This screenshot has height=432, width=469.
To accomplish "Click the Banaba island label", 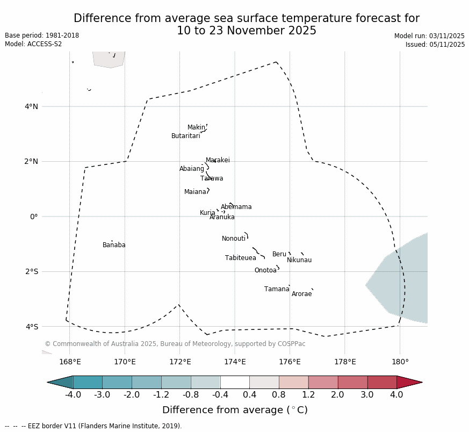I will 114,246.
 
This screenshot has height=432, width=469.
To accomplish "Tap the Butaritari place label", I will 186,136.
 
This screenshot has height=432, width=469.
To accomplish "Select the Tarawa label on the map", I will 212,179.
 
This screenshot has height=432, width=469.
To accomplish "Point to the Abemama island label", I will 236,207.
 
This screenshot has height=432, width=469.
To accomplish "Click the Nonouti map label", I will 234,239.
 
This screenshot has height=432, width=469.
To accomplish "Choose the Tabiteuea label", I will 241,258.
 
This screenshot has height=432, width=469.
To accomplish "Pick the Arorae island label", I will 302,294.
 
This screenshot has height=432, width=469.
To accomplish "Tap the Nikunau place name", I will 299,261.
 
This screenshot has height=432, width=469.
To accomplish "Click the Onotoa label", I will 265,271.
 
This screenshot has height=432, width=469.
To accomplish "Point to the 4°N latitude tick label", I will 31,107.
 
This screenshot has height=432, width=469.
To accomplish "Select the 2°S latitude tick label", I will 31,272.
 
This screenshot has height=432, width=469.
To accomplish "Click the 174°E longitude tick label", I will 235,362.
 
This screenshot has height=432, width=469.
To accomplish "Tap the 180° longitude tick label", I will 400,362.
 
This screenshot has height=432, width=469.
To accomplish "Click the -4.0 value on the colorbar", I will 73,395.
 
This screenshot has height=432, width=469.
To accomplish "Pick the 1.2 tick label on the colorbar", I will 308,395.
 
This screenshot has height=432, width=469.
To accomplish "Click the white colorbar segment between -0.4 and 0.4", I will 235,383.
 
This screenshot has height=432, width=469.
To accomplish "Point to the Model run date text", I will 429,37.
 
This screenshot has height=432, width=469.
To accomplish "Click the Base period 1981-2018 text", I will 42,36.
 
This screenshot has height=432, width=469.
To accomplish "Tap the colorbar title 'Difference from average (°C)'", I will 235,411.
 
